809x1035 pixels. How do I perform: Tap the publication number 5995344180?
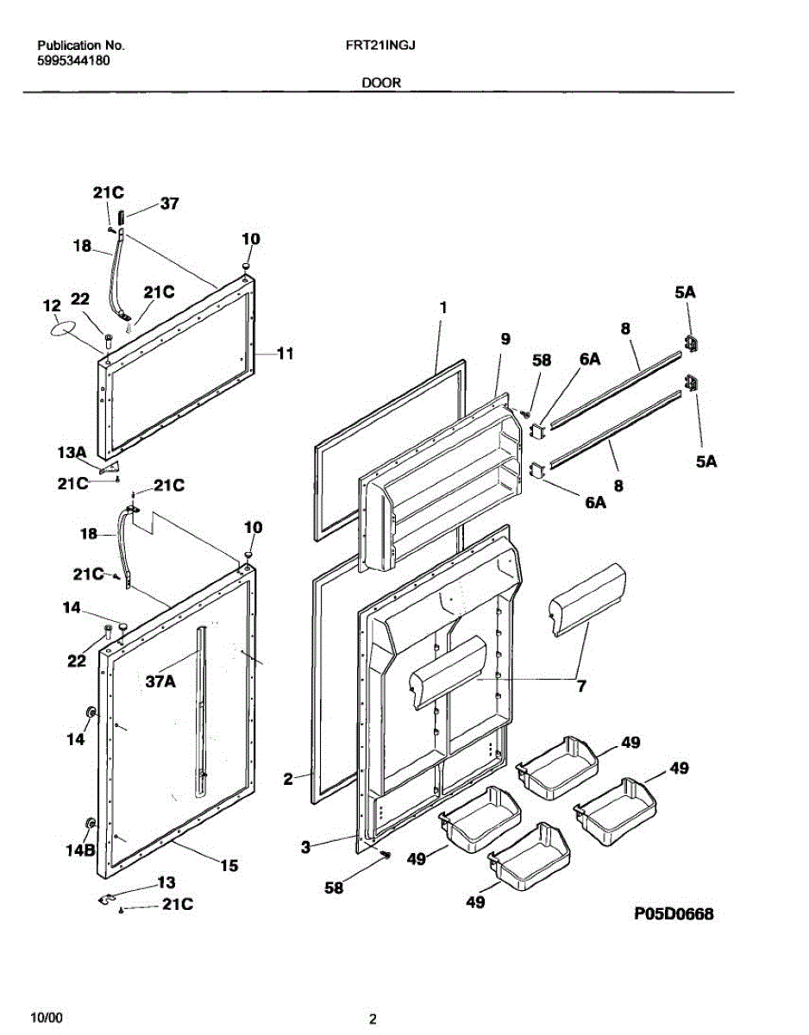pyautogui.click(x=73, y=60)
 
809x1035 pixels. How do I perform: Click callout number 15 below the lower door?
pyautogui.click(x=229, y=866)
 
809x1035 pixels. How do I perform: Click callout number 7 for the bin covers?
pyautogui.click(x=581, y=687)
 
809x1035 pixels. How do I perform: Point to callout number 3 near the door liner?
pyautogui.click(x=305, y=847)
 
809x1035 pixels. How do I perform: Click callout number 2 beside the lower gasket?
pyautogui.click(x=289, y=779)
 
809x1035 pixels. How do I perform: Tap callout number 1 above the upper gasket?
pyautogui.click(x=442, y=307)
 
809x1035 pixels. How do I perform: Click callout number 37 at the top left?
pyautogui.click(x=169, y=204)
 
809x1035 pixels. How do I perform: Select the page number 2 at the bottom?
pyautogui.click(x=373, y=1019)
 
